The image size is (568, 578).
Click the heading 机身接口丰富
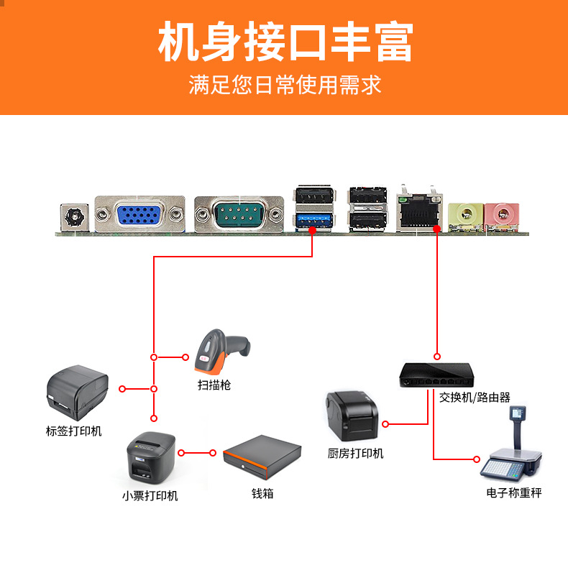[x=285, y=42]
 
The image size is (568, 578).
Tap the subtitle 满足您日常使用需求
[x=285, y=85]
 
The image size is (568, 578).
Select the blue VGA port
[x=139, y=214]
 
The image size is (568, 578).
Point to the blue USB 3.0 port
[x=314, y=219]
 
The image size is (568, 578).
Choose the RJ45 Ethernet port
[x=420, y=211]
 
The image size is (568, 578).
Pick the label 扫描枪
[x=214, y=385]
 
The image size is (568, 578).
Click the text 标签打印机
[x=74, y=431]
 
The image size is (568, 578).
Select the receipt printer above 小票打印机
[x=150, y=459]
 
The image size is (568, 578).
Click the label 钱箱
[x=262, y=494]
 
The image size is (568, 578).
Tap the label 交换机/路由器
[x=475, y=397]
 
